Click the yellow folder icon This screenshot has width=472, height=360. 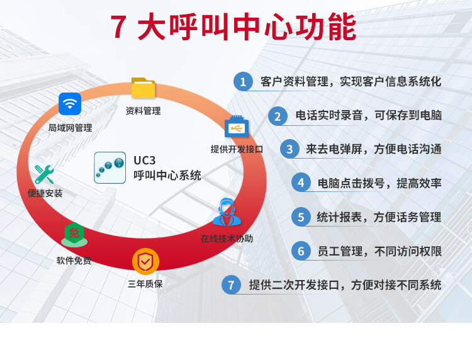click(x=143, y=88)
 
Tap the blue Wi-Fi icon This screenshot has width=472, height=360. click(x=70, y=104)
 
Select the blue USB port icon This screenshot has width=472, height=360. click(x=237, y=127)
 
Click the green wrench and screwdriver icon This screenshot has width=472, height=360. click(x=44, y=174)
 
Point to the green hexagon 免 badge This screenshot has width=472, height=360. click(x=74, y=235)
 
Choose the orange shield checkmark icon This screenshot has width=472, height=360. click(x=145, y=261)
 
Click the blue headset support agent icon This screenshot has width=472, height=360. click(x=227, y=212)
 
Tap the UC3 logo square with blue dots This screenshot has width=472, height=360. click(x=110, y=167)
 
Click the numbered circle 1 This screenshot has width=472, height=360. click(x=243, y=81)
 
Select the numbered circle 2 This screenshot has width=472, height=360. click(x=278, y=116)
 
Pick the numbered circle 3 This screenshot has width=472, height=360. click(x=289, y=149)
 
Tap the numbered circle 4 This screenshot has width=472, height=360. click(x=301, y=183)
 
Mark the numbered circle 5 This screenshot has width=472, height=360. click(x=301, y=217)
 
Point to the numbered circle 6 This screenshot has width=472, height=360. click(x=301, y=250)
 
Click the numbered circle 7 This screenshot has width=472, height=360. click(x=231, y=284)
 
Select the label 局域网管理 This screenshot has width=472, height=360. click(x=70, y=128)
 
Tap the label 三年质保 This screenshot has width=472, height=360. click(x=145, y=284)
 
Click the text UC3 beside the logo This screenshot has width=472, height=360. click(x=145, y=160)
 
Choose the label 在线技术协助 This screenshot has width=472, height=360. click(x=227, y=239)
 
